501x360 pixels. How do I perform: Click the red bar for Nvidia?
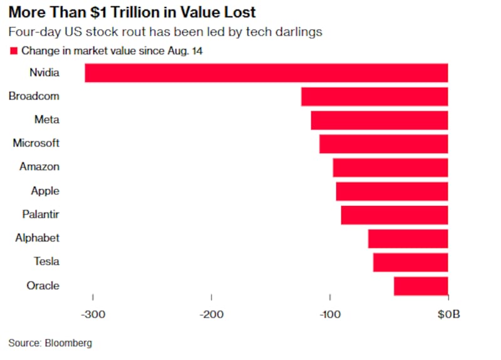tap(266, 73)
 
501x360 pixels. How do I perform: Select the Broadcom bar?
tap(374, 96)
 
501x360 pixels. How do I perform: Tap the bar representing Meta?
tap(380, 120)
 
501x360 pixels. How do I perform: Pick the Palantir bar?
tap(395, 215)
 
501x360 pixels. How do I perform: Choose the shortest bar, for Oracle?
tap(421, 286)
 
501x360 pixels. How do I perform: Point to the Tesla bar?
tap(410, 262)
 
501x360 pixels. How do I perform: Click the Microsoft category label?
tap(36, 143)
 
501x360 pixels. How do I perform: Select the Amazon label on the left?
tap(39, 167)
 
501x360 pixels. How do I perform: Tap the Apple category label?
tap(45, 191)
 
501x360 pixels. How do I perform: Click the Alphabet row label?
tap(38, 239)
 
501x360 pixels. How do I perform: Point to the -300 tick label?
tap(93, 314)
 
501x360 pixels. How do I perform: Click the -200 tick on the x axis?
tap(212, 314)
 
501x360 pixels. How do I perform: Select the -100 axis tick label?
tap(329, 314)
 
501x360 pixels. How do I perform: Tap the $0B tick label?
tap(448, 314)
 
